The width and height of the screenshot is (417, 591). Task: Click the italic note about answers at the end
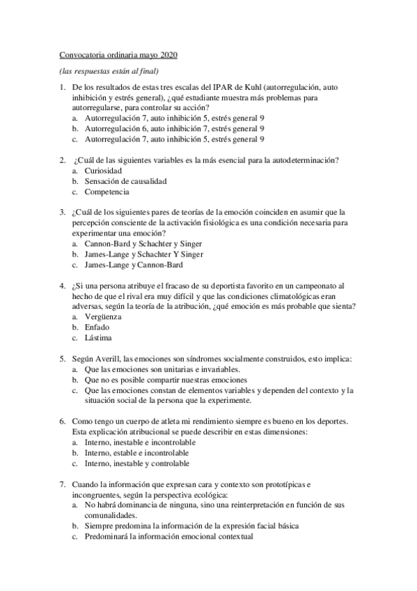pos(109,71)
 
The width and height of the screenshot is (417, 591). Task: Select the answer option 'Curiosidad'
pos(104,171)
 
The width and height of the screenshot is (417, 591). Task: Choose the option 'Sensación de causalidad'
pos(126,181)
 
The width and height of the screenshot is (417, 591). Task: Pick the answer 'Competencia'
pos(107,192)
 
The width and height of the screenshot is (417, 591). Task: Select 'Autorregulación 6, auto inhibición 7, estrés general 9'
pos(174,129)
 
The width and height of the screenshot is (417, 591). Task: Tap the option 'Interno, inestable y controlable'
pos(136,463)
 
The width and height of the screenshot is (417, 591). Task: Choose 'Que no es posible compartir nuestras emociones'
pos(166,380)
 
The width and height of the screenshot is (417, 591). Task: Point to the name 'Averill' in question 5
pos(107,358)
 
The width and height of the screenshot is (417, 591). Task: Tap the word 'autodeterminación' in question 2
pos(302,160)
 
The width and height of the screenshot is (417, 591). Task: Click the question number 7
pos(62,484)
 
